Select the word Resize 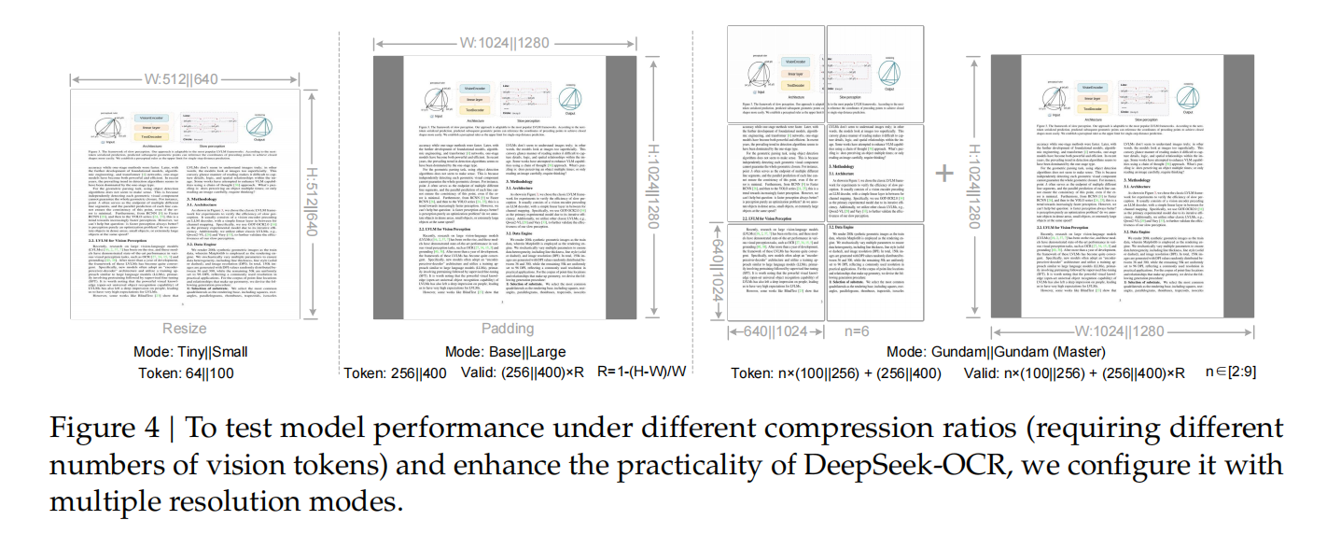point(185,328)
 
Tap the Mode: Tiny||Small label point(190,352)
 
